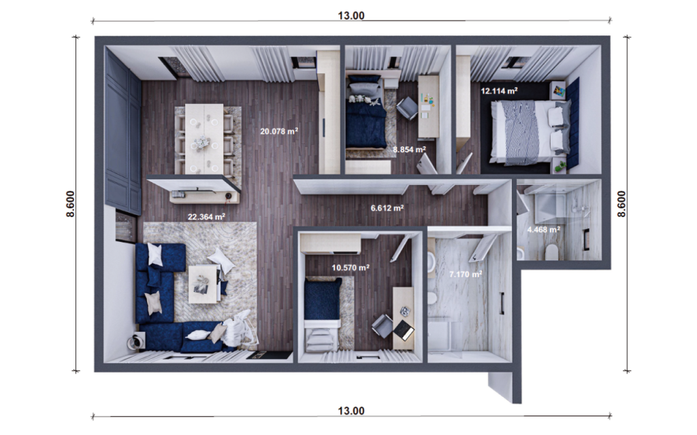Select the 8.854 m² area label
coord(409,149)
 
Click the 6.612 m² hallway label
coord(387,209)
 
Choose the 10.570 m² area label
coord(350,268)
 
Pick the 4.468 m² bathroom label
coord(543,230)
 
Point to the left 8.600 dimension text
coord(70,204)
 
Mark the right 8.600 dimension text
coord(621,204)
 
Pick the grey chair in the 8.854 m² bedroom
coord(407,107)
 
